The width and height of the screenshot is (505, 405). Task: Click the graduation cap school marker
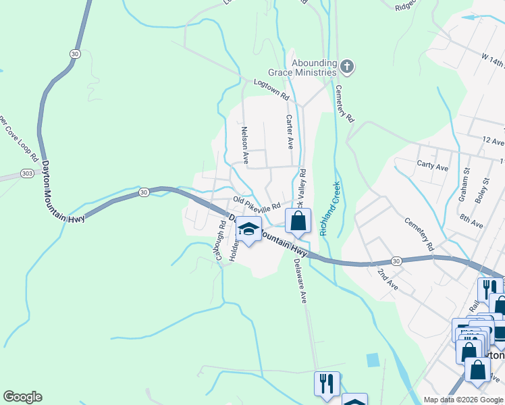click(x=248, y=230)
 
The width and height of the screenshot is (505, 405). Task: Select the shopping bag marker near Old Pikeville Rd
click(x=298, y=220)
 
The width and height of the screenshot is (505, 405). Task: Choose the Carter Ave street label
click(x=290, y=132)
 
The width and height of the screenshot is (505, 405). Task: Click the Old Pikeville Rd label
click(x=257, y=203)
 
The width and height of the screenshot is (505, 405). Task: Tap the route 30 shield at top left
click(x=74, y=53)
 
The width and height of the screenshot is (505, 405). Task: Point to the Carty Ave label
click(x=433, y=167)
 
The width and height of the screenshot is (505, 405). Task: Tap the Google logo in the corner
click(x=22, y=397)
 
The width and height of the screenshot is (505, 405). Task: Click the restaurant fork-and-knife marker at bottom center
click(x=327, y=383)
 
